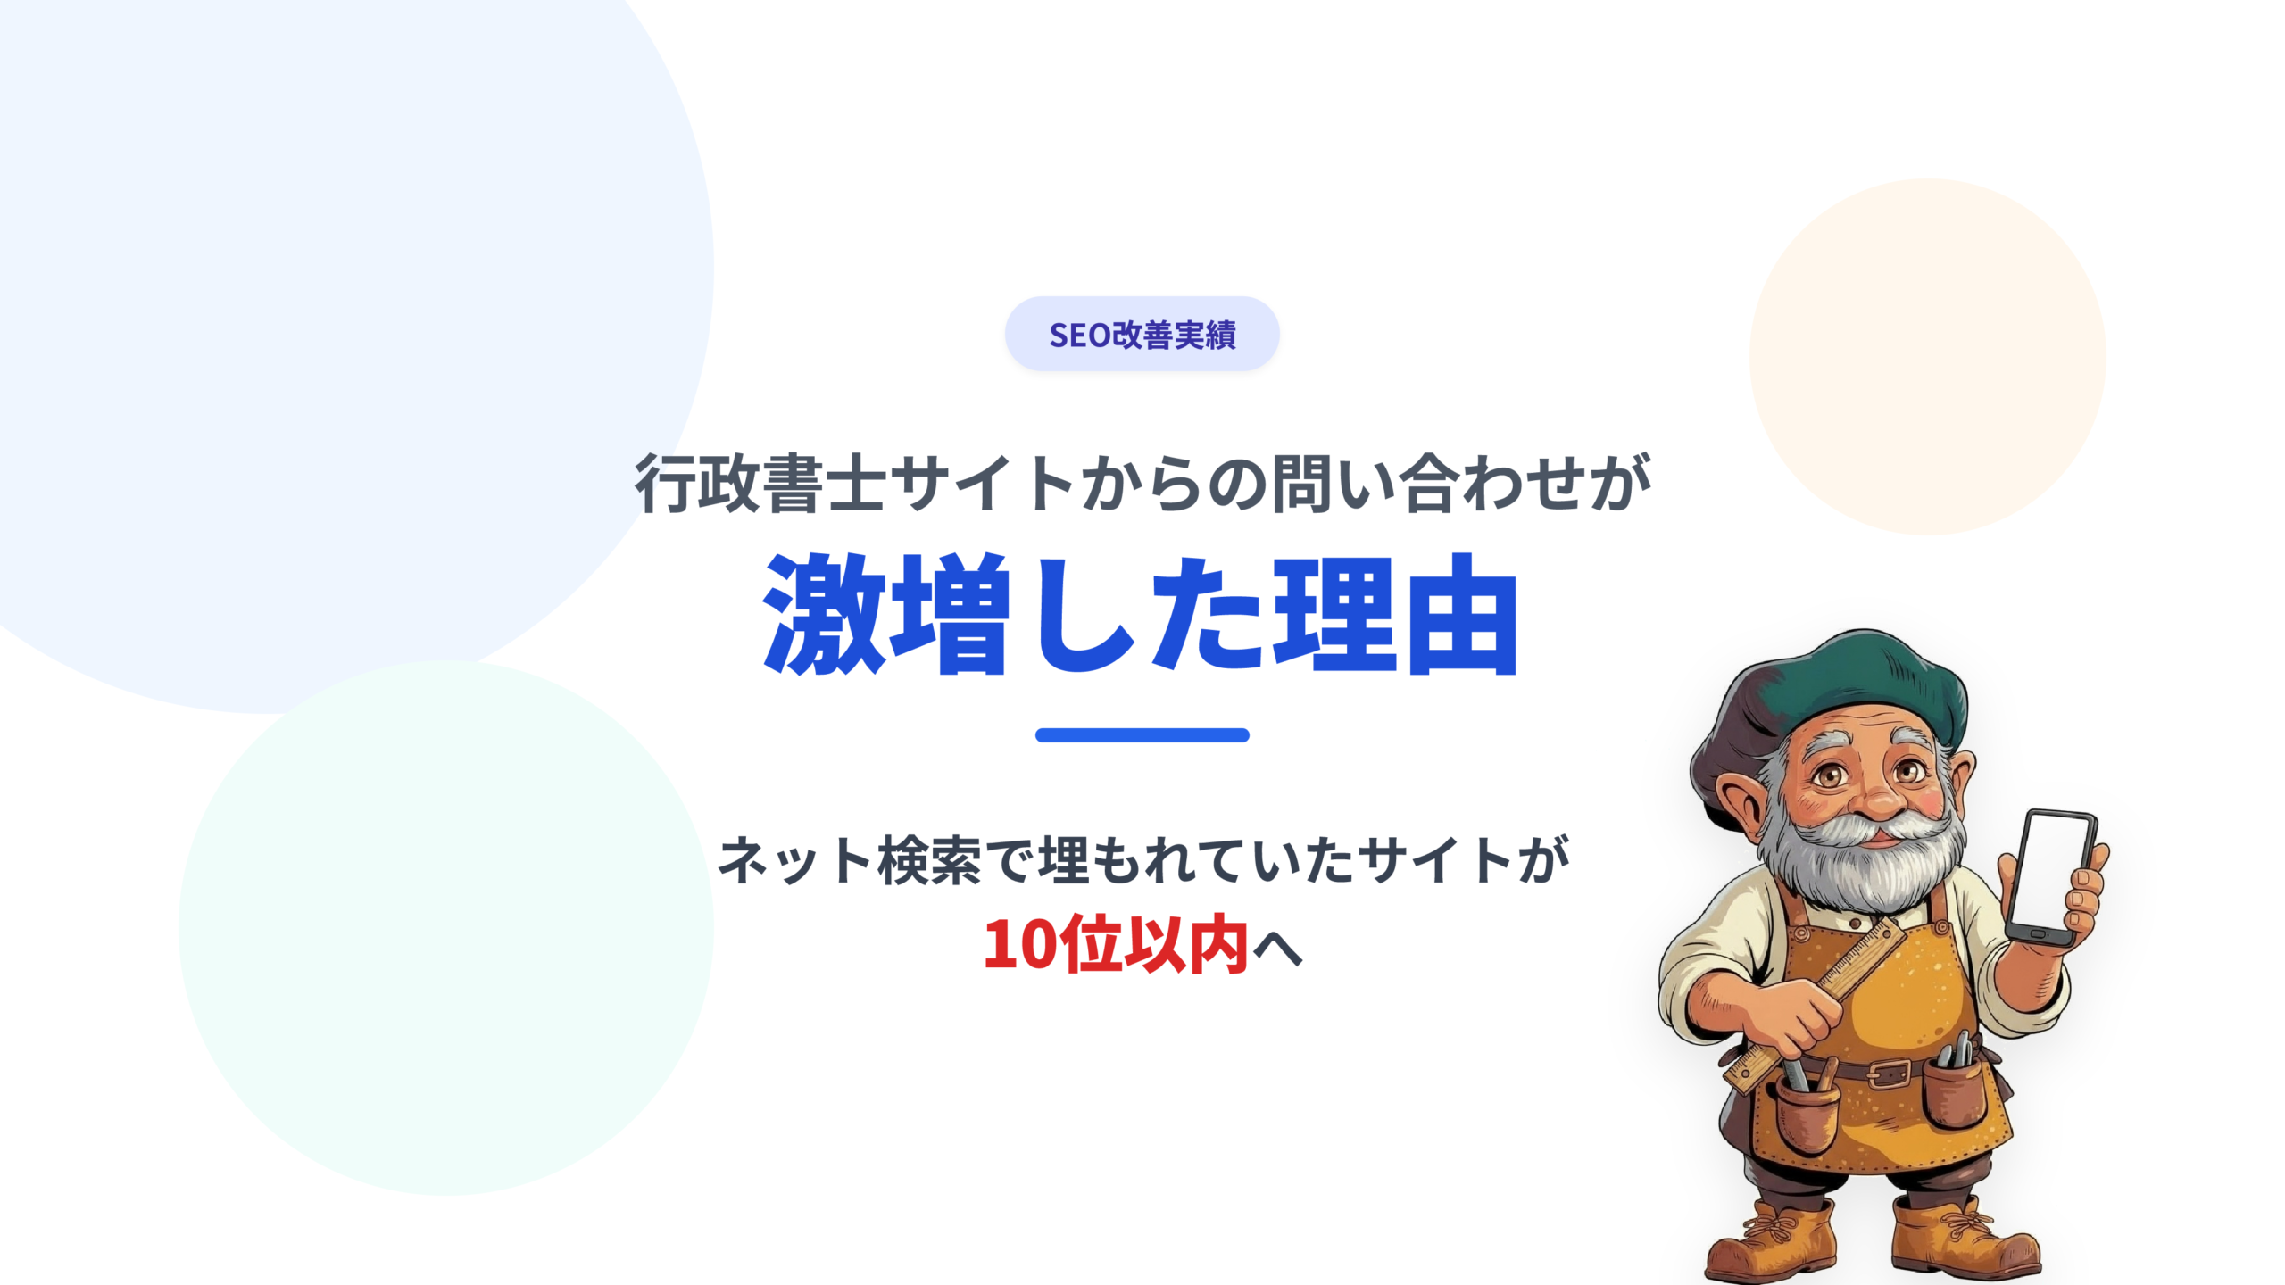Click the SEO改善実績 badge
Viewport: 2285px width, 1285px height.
click(x=1142, y=335)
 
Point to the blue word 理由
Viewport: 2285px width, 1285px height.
click(x=1396, y=615)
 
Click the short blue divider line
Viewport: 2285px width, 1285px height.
click(x=1142, y=735)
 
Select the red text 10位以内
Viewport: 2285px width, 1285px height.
click(x=1115, y=945)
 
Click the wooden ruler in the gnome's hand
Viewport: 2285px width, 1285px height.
click(x=1821, y=999)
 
